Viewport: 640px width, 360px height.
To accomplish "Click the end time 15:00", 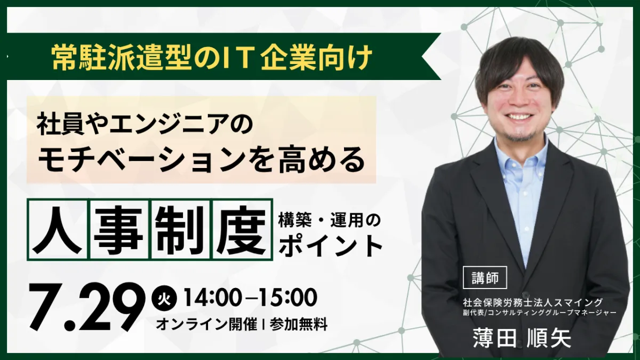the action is click(x=289, y=298).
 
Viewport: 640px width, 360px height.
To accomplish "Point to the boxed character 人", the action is click(x=57, y=230).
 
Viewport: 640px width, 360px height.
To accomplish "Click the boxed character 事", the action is click(x=118, y=230).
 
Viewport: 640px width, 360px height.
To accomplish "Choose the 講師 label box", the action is click(x=485, y=277).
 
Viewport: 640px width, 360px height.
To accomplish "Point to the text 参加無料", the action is click(x=299, y=324).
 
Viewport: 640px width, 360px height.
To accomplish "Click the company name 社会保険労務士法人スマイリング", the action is click(x=533, y=302).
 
